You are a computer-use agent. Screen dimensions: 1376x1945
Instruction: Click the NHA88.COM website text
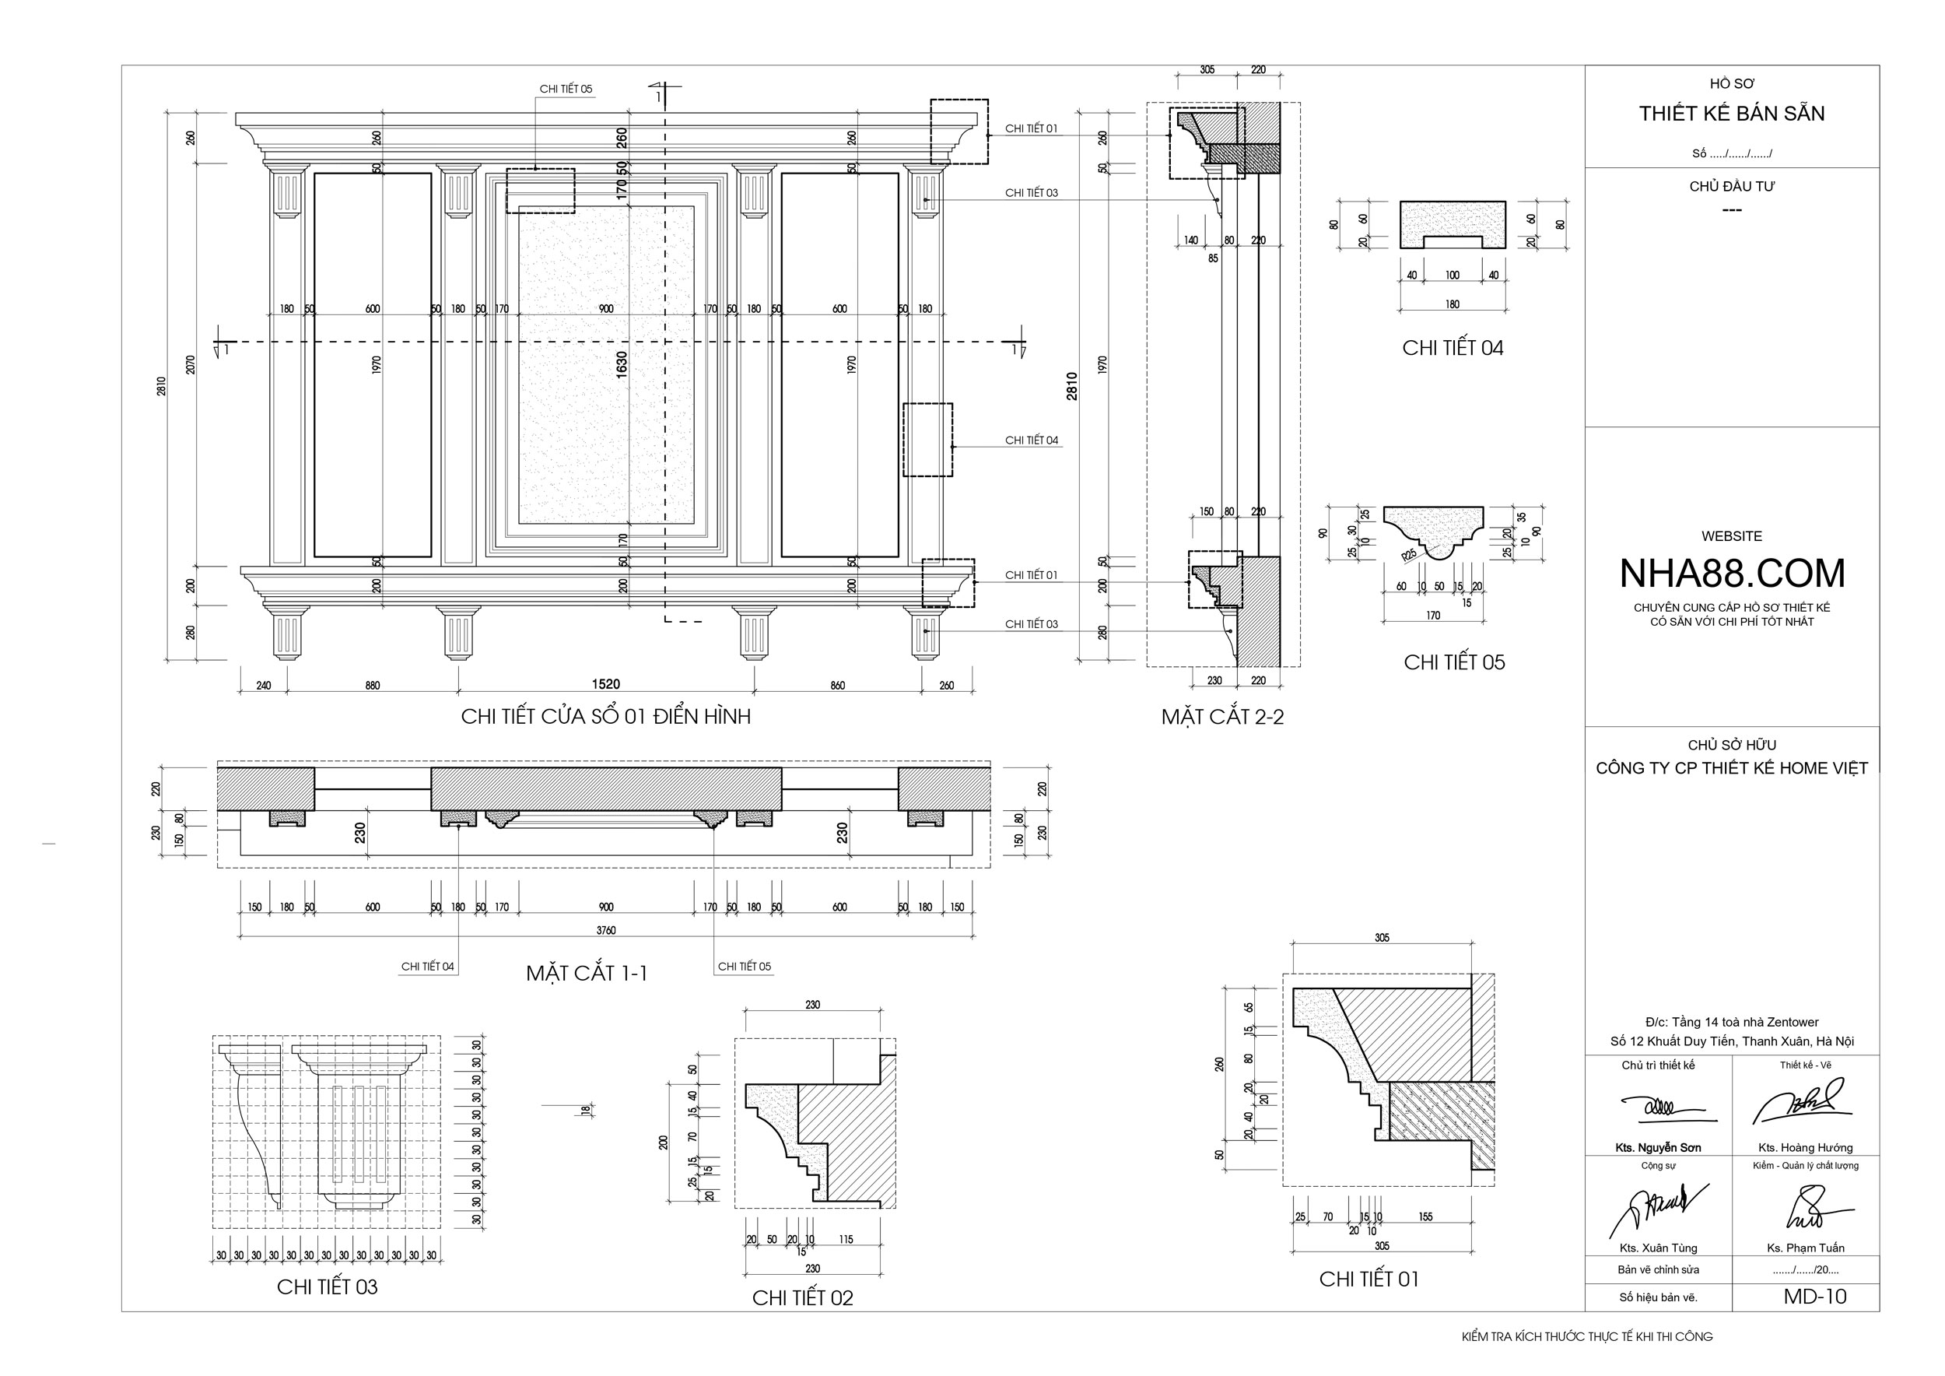click(x=1732, y=574)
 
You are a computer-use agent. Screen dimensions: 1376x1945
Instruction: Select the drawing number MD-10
click(x=1814, y=1297)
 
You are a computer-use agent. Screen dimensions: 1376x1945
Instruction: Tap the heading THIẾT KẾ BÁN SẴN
click(x=1732, y=114)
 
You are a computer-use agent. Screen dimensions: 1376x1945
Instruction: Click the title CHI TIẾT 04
click(x=1453, y=347)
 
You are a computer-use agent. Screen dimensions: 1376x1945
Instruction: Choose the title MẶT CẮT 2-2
click(x=1222, y=717)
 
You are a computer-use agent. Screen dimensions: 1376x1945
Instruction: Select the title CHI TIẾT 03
click(x=327, y=1287)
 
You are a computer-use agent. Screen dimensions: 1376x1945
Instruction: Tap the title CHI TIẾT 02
click(x=802, y=1298)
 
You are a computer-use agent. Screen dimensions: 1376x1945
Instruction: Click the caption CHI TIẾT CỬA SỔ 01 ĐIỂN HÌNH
click(x=606, y=716)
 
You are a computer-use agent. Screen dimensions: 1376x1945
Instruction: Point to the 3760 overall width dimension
click(x=606, y=930)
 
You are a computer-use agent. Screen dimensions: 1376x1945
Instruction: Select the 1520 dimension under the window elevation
click(x=606, y=684)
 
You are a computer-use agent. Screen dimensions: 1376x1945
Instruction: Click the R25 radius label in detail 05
click(x=1408, y=555)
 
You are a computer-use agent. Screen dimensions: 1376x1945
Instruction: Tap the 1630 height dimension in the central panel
click(x=622, y=364)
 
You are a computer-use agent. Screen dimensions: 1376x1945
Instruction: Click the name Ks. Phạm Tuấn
click(x=1805, y=1248)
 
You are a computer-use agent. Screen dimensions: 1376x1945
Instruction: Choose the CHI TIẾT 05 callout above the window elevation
click(x=566, y=89)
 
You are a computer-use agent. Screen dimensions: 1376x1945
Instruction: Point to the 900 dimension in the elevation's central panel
click(x=606, y=309)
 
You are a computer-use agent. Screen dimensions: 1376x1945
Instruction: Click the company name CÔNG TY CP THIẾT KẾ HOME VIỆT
click(x=1732, y=768)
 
